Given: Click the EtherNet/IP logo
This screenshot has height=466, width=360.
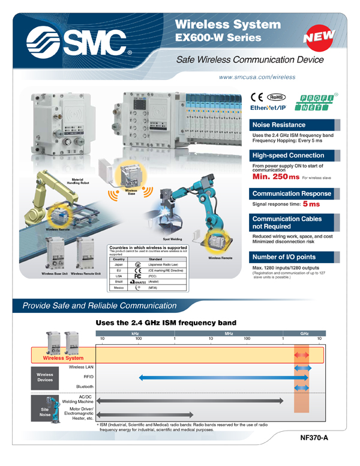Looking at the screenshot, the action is tap(268, 107).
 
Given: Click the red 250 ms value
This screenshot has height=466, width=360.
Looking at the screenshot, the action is tap(275, 177).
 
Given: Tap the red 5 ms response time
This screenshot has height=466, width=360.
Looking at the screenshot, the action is tap(310, 204).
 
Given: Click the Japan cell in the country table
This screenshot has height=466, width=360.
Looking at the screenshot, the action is tap(118, 264).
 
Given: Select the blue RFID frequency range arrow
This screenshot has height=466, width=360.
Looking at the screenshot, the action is tap(223, 377).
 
